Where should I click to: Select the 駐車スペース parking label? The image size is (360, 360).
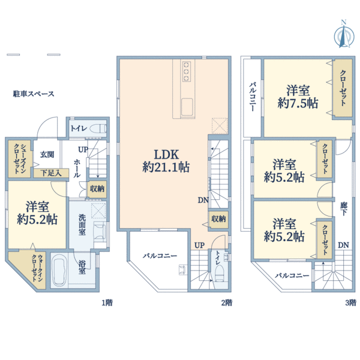click(x=34, y=94)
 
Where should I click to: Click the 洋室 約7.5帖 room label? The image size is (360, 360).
click(x=298, y=96)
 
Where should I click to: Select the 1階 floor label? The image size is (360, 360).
click(x=107, y=302)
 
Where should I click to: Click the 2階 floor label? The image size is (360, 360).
click(x=226, y=302)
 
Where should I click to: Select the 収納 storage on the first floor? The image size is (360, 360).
click(x=97, y=188)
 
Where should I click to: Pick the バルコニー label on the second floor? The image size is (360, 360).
click(x=160, y=256)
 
